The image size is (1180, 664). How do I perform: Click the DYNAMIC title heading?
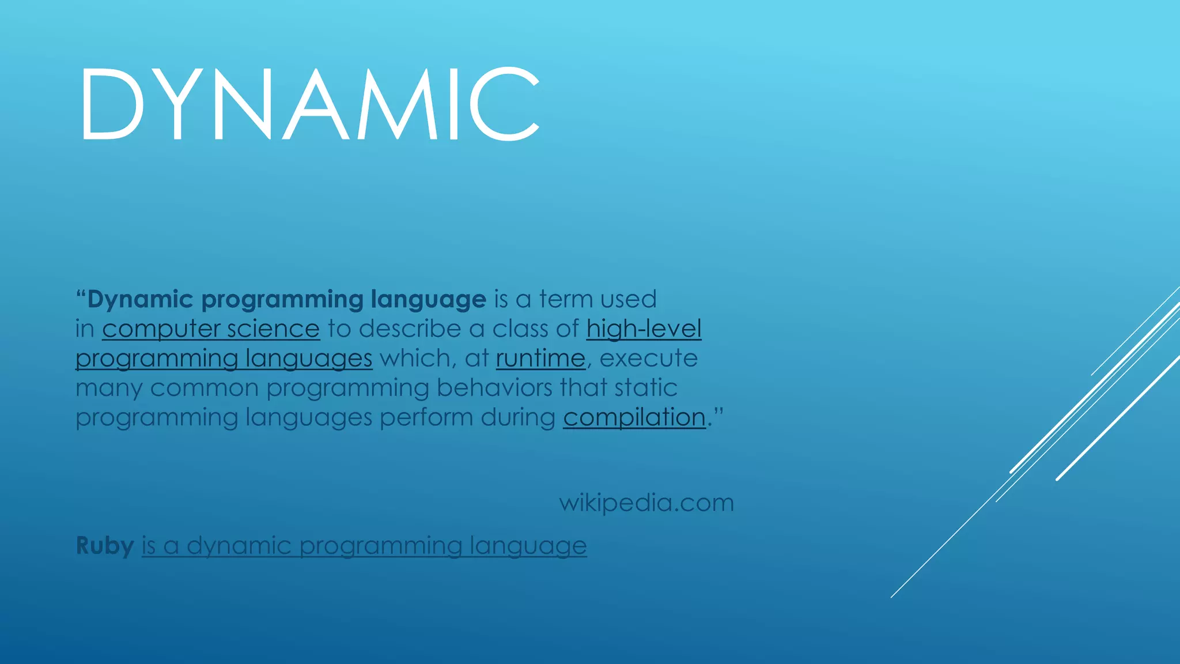point(309,104)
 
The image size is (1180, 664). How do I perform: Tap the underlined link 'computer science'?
point(211,329)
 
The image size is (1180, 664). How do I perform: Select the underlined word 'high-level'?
point(644,329)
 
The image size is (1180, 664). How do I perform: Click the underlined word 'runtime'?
point(540,359)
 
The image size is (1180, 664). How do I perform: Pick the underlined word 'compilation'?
point(634,417)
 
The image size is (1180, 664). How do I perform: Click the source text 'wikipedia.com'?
point(646,503)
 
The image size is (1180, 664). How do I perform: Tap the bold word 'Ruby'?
point(105,546)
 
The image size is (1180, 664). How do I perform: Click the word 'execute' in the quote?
point(648,359)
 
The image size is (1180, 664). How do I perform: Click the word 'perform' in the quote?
point(426,417)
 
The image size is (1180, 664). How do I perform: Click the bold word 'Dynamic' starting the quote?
point(139,300)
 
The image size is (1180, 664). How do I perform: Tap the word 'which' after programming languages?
point(414,359)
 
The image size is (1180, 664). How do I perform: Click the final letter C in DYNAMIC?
point(504,104)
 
